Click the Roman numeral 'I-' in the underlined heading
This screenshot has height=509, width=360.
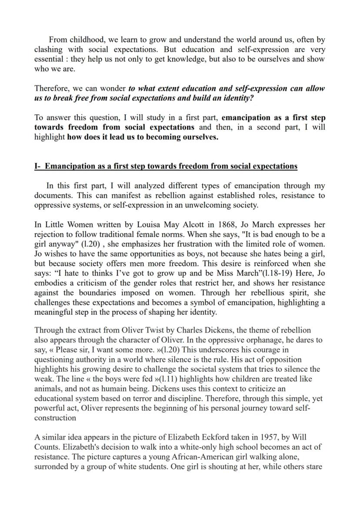38,166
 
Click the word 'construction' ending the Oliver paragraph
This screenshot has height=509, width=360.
55,418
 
